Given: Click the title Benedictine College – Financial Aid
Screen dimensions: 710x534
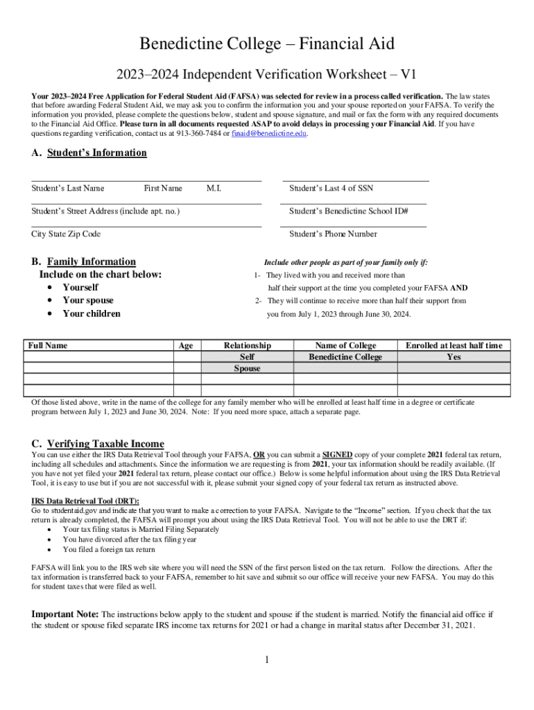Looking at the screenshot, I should (267, 44).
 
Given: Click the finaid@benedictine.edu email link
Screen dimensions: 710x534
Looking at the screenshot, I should (268, 134).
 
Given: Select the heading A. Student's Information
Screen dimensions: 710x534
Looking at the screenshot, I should (89, 153).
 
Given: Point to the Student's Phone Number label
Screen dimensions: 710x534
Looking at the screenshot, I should (333, 234).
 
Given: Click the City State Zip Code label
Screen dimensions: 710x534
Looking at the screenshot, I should (66, 234).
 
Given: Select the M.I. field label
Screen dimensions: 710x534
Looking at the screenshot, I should (214, 188).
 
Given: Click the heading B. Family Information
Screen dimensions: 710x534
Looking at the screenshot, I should (83, 261).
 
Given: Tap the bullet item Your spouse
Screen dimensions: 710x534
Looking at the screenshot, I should (88, 300).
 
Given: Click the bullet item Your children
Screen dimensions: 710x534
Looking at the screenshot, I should (92, 313).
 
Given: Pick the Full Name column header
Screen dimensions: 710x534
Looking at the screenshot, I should (48, 345).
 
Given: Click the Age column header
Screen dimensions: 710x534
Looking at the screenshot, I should (186, 346).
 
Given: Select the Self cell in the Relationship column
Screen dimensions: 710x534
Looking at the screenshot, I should (247, 357).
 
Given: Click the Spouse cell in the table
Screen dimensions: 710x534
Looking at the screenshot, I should (247, 368).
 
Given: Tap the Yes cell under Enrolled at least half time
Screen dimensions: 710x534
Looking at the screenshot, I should (454, 357).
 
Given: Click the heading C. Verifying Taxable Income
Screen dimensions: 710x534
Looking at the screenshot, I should (98, 444).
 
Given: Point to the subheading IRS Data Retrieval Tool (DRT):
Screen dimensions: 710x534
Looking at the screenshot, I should (85, 501).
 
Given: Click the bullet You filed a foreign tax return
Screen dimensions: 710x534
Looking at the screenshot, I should (109, 549).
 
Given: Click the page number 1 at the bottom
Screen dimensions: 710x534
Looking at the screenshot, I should (266, 659).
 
